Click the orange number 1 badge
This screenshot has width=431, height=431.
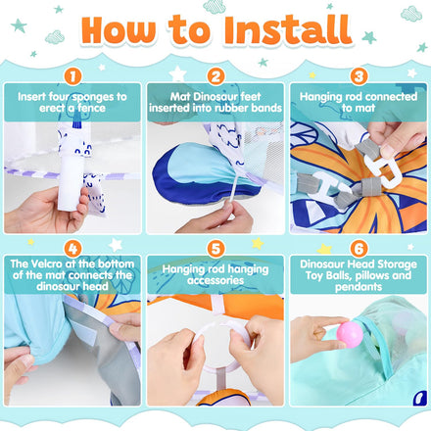[72, 76]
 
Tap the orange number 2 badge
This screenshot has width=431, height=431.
[215, 76]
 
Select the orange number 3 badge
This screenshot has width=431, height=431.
[359, 76]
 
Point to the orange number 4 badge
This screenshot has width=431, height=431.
[72, 249]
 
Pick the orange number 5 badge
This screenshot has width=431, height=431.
[215, 249]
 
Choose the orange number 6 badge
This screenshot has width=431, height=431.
[359, 249]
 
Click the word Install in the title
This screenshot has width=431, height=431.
[288, 30]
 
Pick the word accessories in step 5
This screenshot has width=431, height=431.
[215, 280]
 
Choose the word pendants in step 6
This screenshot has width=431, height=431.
[359, 287]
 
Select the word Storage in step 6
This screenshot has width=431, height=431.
[397, 264]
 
